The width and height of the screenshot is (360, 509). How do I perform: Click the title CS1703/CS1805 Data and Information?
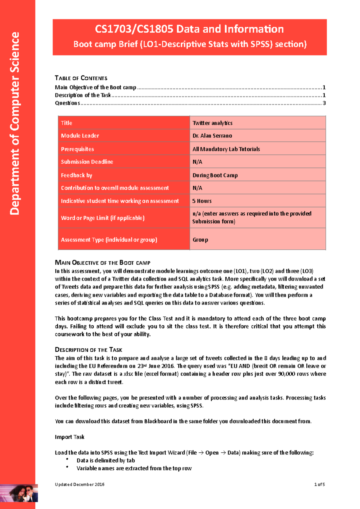(x=189, y=29)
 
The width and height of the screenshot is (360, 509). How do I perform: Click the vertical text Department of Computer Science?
(x=15, y=123)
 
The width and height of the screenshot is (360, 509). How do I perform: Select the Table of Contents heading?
(x=81, y=78)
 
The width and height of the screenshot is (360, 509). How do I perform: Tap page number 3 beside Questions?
(x=324, y=103)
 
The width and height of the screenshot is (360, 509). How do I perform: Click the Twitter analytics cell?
(x=212, y=123)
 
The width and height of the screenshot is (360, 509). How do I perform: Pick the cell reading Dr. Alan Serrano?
(x=212, y=136)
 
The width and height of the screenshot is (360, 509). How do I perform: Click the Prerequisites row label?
(x=77, y=149)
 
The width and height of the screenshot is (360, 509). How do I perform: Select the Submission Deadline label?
(x=87, y=162)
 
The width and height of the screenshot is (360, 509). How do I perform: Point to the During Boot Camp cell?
(x=215, y=175)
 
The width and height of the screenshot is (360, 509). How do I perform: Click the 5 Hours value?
(x=202, y=201)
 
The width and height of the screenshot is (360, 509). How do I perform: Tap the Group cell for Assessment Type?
(x=200, y=240)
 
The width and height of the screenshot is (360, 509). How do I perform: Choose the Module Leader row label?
(x=80, y=136)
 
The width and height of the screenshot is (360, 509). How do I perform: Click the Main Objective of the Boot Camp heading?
(x=102, y=263)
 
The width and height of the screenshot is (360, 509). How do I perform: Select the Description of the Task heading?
(x=88, y=350)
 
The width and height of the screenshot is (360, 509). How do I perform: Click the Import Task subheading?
(x=70, y=437)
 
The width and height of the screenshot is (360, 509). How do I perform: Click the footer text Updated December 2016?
(x=79, y=484)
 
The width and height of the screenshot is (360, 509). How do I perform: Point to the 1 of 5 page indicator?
(x=319, y=484)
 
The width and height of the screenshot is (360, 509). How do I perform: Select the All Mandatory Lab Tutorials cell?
(x=226, y=149)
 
